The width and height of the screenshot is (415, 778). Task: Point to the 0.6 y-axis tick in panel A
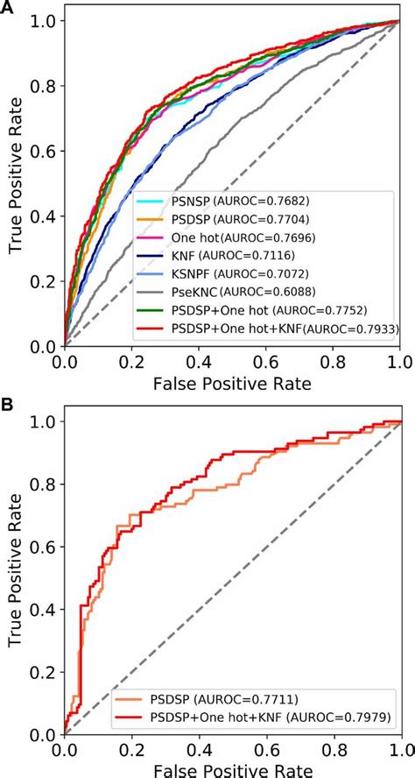(x=42, y=151)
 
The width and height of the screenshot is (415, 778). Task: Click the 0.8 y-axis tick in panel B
(x=42, y=484)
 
